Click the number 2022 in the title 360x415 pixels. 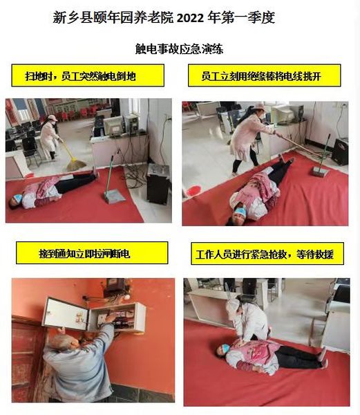(x=190, y=18)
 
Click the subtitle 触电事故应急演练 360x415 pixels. (x=179, y=49)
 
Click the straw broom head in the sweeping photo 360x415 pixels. (x=75, y=165)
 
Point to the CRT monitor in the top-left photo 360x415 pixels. (x=113, y=127)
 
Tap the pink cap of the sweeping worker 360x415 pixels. (x=53, y=118)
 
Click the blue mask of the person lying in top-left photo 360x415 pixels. (x=18, y=198)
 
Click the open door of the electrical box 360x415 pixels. (x=66, y=314)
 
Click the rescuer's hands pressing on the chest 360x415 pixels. (x=240, y=343)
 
